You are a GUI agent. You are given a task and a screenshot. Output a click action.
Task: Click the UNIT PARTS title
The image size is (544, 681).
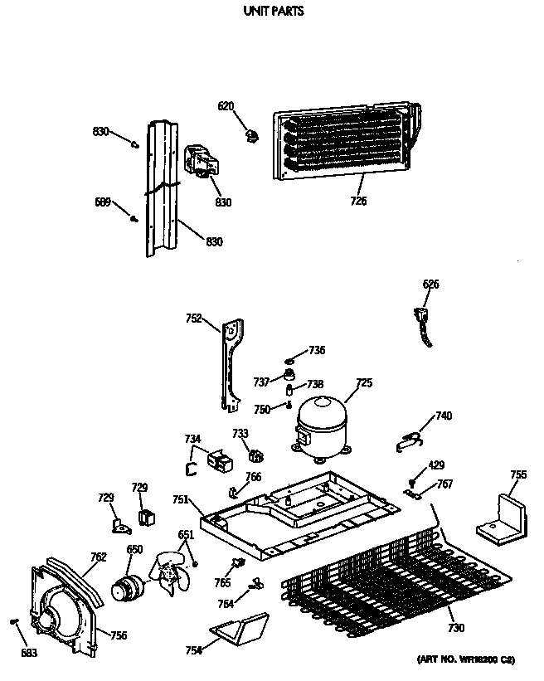pyautogui.click(x=272, y=12)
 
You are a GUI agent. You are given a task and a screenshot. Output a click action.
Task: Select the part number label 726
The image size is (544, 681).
pyautogui.click(x=358, y=200)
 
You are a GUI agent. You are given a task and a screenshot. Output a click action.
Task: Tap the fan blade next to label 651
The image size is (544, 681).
pyautogui.click(x=169, y=573)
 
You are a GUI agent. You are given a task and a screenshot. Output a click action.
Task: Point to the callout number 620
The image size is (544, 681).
pyautogui.click(x=226, y=106)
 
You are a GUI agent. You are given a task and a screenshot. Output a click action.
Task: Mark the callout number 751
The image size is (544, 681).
pyautogui.click(x=180, y=499)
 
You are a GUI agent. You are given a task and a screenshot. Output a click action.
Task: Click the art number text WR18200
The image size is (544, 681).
pyautogui.click(x=465, y=659)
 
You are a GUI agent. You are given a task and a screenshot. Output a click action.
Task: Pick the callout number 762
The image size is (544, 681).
pyautogui.click(x=98, y=557)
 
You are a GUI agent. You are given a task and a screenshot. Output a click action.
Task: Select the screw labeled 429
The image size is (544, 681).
pyautogui.click(x=412, y=482)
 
